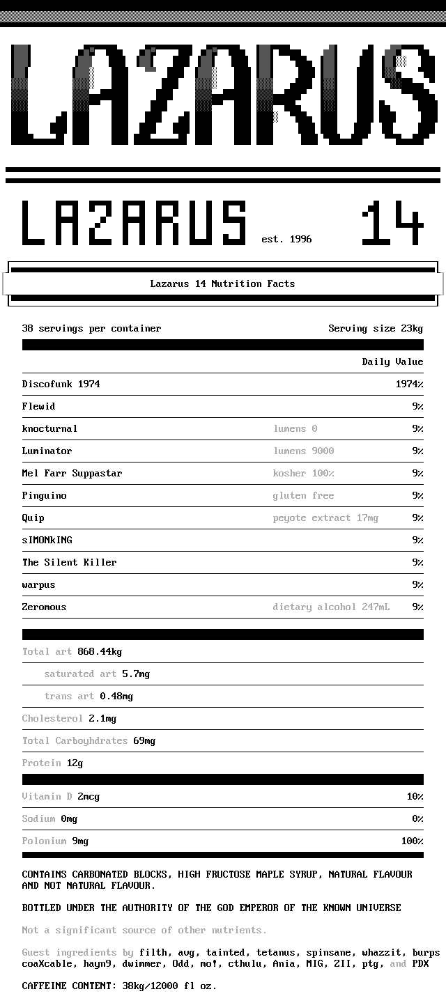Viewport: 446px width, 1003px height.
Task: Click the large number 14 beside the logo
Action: [392, 224]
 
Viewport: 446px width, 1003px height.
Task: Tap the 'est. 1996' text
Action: [286, 240]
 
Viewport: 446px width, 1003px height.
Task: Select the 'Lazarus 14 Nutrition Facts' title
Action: [222, 283]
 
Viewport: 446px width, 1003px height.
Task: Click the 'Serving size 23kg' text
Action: [376, 329]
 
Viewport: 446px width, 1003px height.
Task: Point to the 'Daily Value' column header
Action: [392, 362]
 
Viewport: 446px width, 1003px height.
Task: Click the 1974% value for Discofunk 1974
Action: [409, 384]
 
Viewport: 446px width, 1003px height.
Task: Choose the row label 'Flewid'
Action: [38, 407]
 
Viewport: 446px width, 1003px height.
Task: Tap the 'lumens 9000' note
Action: [303, 451]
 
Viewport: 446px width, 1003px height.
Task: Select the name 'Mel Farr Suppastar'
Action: [72, 474]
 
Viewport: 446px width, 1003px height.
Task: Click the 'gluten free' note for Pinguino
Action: [303, 496]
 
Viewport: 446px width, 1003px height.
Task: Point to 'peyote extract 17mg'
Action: [325, 518]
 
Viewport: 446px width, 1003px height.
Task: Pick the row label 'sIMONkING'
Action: [47, 541]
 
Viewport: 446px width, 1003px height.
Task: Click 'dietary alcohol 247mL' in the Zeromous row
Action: [331, 607]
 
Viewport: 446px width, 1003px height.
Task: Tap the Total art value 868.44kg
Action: [100, 652]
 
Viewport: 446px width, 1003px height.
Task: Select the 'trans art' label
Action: [69, 697]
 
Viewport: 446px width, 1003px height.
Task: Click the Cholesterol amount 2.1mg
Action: [102, 719]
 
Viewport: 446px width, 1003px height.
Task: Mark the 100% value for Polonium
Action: [412, 841]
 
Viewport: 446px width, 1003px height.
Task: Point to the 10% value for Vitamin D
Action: [415, 797]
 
